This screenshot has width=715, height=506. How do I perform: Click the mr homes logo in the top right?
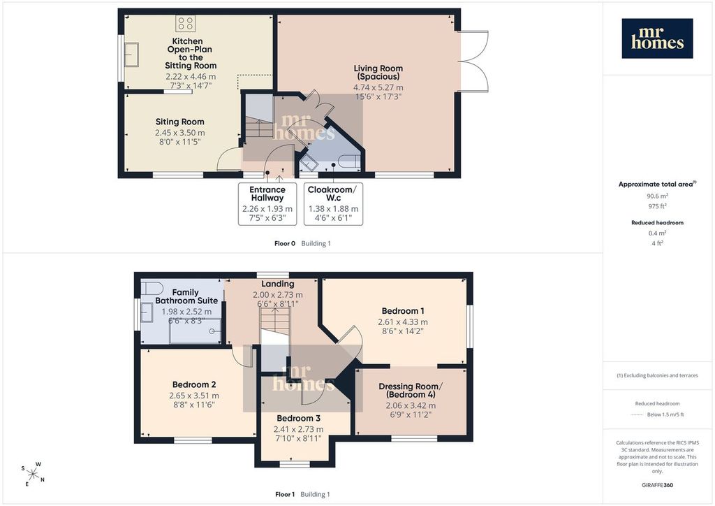pyautogui.click(x=657, y=38)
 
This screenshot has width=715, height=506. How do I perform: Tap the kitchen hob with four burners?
pyautogui.click(x=186, y=23)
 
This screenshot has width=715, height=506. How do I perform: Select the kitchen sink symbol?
pyautogui.click(x=131, y=55)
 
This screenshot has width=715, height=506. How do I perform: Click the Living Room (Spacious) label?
pyautogui.click(x=378, y=73)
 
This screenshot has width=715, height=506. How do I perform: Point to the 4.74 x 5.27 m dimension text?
pyautogui.click(x=378, y=87)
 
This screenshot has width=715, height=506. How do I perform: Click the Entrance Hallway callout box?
pyautogui.click(x=267, y=204)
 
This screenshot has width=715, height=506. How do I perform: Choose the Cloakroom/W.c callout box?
pyautogui.click(x=333, y=204)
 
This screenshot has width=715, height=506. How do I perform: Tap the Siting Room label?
pyautogui.click(x=179, y=122)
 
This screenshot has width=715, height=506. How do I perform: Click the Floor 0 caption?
pyautogui.click(x=285, y=244)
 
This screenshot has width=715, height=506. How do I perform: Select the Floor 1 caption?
pyautogui.click(x=285, y=494)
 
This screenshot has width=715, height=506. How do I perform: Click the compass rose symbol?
pyautogui.click(x=33, y=474)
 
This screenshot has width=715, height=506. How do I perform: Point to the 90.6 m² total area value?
pyautogui.click(x=657, y=196)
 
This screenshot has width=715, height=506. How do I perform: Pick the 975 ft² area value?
pyautogui.click(x=657, y=205)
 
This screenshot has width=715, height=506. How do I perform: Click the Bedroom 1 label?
pyautogui.click(x=403, y=311)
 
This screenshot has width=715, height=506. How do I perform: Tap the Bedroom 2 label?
pyautogui.click(x=194, y=384)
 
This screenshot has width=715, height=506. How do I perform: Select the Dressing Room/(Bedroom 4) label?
pyautogui.click(x=411, y=390)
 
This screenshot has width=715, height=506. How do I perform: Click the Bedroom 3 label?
pyautogui.click(x=298, y=419)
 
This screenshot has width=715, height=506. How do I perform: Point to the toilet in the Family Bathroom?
pyautogui.click(x=152, y=289)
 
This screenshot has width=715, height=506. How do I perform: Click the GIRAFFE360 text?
pyautogui.click(x=657, y=485)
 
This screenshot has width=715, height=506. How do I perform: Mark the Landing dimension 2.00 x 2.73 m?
pyautogui.click(x=278, y=295)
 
